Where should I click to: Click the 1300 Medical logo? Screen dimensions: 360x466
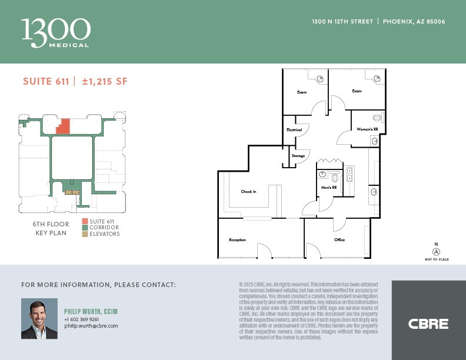(55, 32)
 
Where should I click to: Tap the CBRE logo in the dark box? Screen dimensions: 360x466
(428, 324)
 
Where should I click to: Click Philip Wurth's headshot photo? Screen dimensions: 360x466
(39, 318)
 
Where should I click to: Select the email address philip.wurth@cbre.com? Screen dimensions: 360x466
(91, 326)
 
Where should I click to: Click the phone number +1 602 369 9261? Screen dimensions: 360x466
(82, 319)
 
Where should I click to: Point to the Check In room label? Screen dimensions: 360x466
(249, 192)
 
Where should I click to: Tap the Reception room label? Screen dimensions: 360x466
(237, 240)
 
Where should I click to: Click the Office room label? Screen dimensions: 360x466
(339, 240)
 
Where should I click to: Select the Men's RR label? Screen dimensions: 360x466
(328, 188)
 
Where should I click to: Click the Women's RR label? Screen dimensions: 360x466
(367, 129)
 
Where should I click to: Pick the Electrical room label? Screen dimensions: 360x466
(294, 129)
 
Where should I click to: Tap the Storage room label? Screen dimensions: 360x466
(298, 155)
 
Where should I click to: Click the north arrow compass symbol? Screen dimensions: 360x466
(436, 251)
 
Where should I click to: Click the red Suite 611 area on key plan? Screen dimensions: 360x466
(64, 126)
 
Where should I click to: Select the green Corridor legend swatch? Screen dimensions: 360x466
(86, 228)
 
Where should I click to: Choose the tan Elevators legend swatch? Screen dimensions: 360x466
(86, 234)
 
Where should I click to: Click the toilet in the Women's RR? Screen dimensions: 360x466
(377, 116)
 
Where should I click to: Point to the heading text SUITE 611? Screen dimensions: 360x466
(46, 82)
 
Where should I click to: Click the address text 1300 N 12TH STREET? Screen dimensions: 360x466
(342, 22)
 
